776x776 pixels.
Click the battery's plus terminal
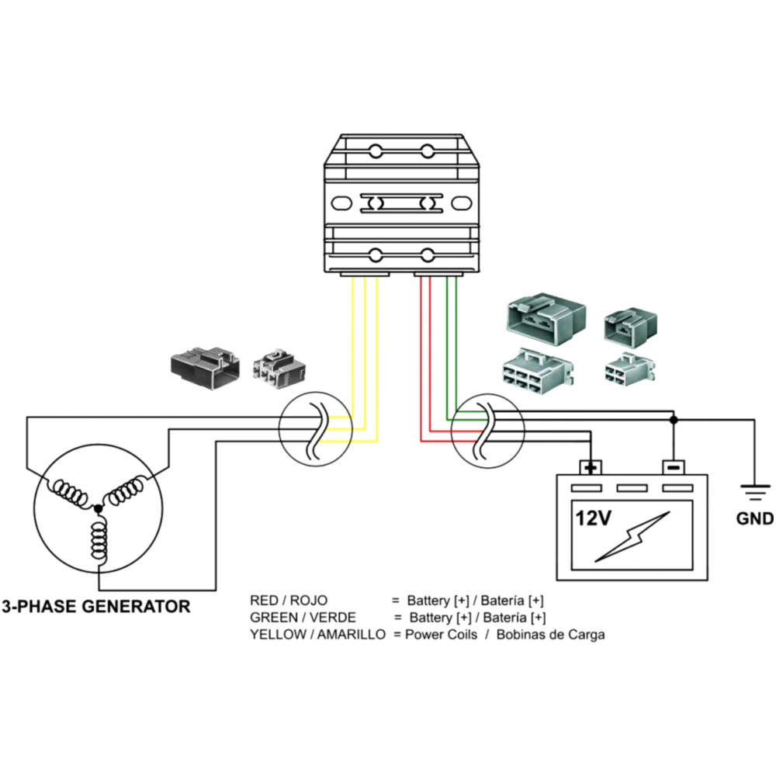tap(591, 467)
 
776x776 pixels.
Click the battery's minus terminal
tap(673, 467)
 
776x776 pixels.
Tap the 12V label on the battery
tap(593, 518)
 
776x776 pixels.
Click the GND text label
tap(754, 518)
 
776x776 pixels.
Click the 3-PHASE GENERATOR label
tap(95, 607)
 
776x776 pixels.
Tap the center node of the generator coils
tap(98, 508)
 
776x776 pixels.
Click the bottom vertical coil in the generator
tap(99, 541)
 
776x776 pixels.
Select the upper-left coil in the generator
tap(71, 494)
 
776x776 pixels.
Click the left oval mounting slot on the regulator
tap(341, 203)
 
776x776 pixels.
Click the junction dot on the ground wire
tap(674, 420)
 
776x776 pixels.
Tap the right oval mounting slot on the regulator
tap(461, 203)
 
